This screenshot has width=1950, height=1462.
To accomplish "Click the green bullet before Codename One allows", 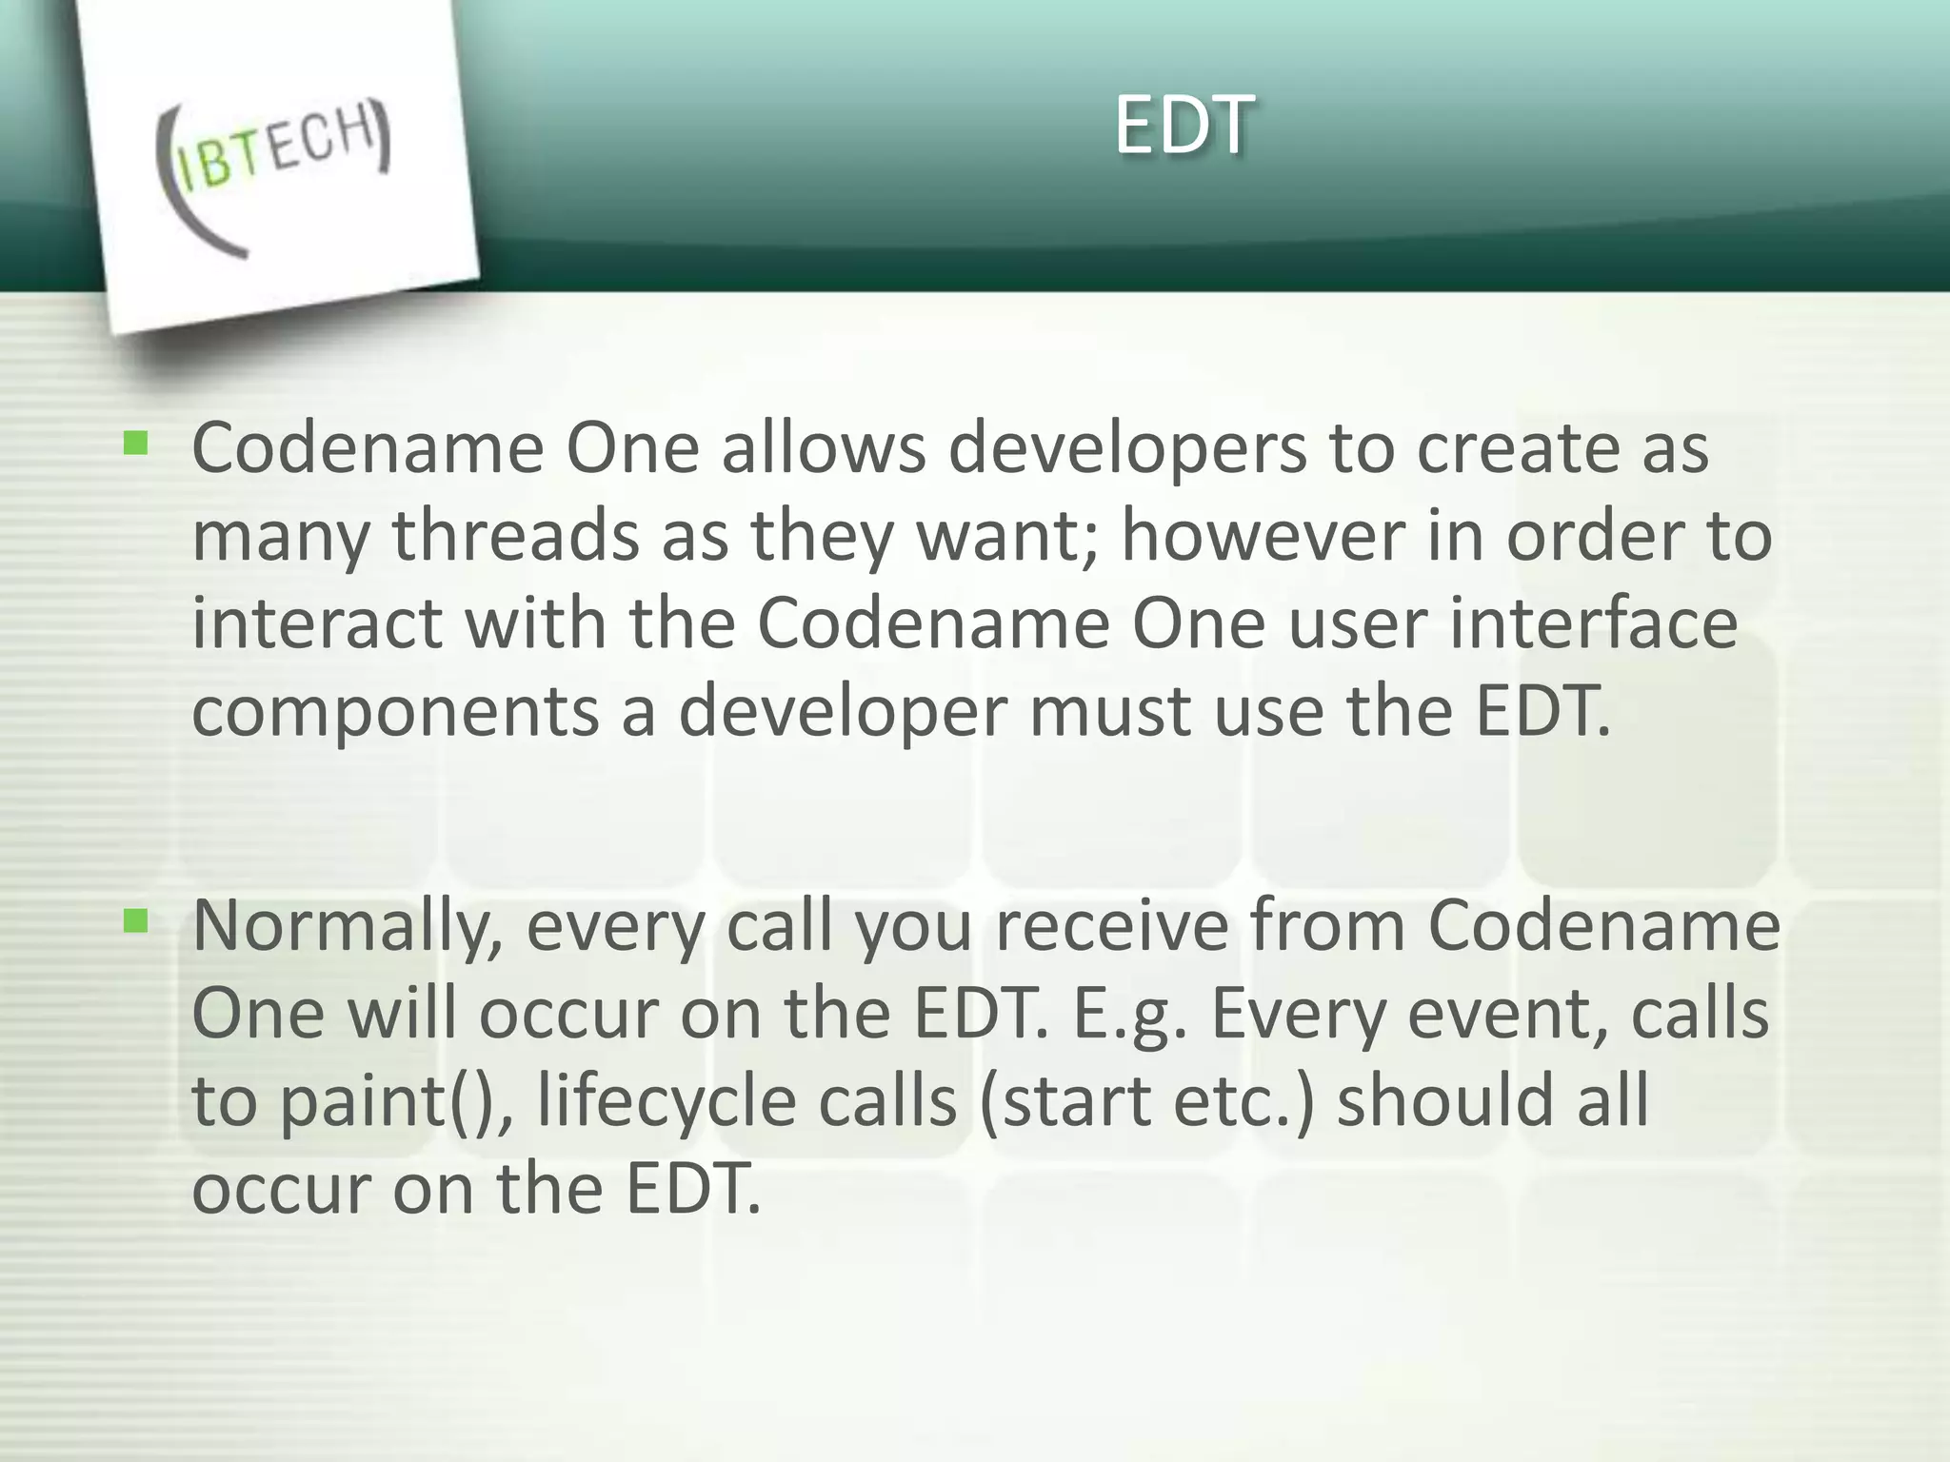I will pos(136,444).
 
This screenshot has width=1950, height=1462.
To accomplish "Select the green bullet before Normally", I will pos(136,920).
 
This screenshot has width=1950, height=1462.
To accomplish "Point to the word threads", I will pos(514,536).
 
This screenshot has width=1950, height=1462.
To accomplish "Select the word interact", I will pos(317,623).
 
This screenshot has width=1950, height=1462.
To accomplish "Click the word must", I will pos(1109,712).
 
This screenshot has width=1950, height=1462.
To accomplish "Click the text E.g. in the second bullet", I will pos(1130,1015).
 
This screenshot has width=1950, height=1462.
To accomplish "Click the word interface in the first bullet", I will pos(1594,623).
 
